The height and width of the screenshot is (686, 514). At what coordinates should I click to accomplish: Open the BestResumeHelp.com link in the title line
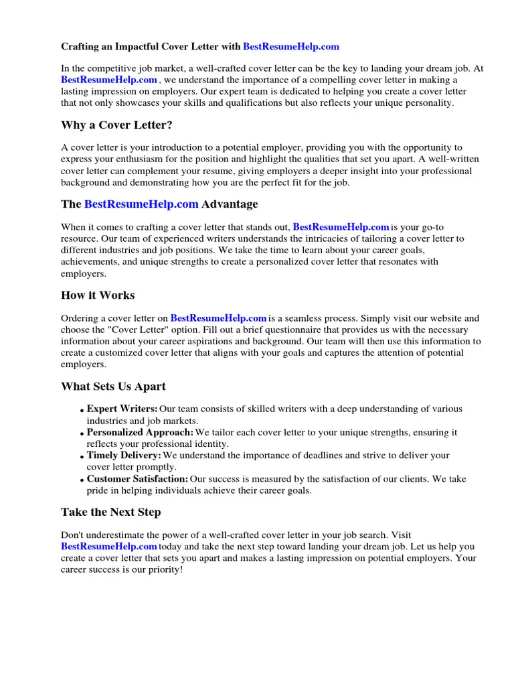coord(291,47)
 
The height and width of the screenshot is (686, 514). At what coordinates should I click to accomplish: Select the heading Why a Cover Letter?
coord(118,125)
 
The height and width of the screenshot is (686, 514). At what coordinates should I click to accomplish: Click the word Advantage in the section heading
coord(230,204)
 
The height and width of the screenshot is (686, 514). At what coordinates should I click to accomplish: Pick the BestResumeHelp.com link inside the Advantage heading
coord(141,204)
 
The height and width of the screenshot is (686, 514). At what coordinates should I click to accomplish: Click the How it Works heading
coord(98,295)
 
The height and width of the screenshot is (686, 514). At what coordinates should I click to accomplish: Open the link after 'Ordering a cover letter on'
coord(219,318)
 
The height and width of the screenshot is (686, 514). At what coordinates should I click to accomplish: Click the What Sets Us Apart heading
coord(113,387)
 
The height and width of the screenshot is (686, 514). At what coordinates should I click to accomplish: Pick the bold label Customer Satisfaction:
coord(137,479)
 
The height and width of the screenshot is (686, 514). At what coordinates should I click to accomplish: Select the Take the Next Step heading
coord(111,512)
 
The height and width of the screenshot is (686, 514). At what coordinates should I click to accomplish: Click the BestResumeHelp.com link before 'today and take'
coord(109,547)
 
